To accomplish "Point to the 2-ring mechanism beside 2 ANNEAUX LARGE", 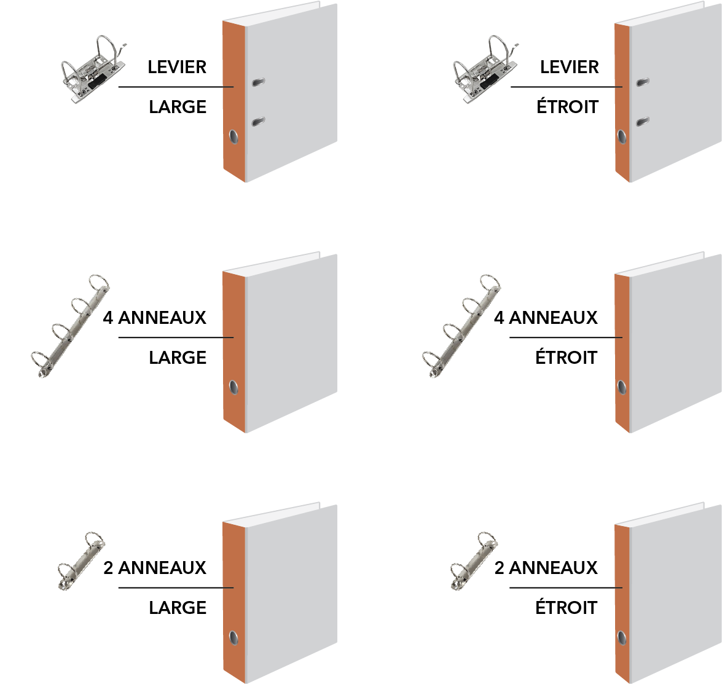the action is coord(82,562).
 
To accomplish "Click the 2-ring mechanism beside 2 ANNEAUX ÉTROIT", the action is coord(474,562).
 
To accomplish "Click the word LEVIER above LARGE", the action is coord(177,67).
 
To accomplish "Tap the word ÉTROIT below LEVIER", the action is coord(567,106).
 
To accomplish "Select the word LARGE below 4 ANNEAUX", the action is coord(178,358).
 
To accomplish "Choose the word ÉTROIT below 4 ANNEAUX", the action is coord(567,357).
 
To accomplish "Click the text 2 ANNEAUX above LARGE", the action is coord(155,568).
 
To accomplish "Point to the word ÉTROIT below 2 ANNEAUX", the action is coord(567,607).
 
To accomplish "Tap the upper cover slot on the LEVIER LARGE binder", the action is coord(258,82).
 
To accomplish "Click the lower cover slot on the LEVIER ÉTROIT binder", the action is coord(643,122).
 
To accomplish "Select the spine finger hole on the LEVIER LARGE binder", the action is coord(234,137).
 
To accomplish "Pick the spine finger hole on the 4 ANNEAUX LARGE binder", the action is coord(234,387).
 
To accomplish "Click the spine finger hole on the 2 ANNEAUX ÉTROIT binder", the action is coord(622,638).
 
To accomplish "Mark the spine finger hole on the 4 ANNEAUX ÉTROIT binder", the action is coord(622,387).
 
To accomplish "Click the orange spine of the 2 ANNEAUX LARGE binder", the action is coord(234,599).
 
